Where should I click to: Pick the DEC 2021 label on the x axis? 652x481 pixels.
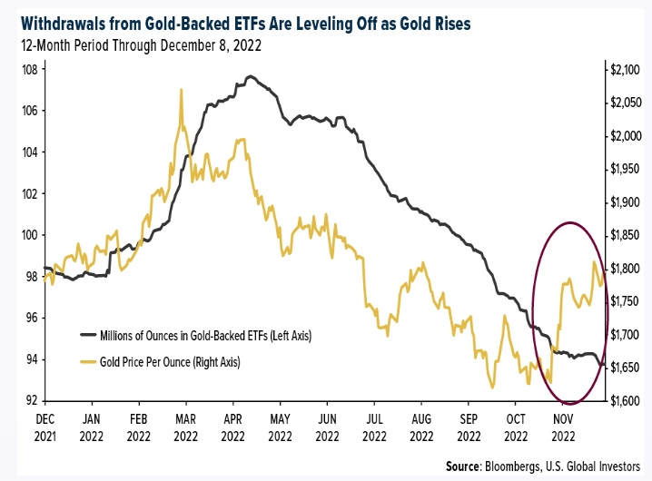click(45, 427)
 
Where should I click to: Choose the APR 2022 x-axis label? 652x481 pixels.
click(232, 427)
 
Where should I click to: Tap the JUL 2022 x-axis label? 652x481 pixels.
click(373, 427)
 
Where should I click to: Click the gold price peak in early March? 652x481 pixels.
click(182, 90)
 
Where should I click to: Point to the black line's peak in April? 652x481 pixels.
click(248, 76)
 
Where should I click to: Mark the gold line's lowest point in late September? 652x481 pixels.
click(492, 388)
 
